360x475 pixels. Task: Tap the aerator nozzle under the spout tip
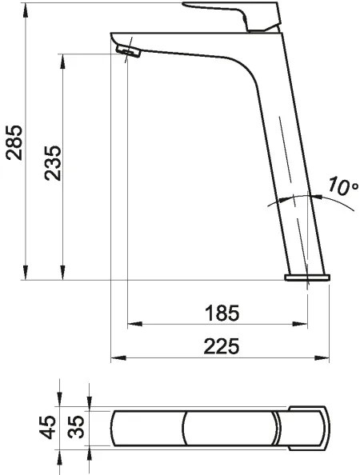coord(128,52)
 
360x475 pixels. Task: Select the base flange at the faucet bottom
coord(307,277)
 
